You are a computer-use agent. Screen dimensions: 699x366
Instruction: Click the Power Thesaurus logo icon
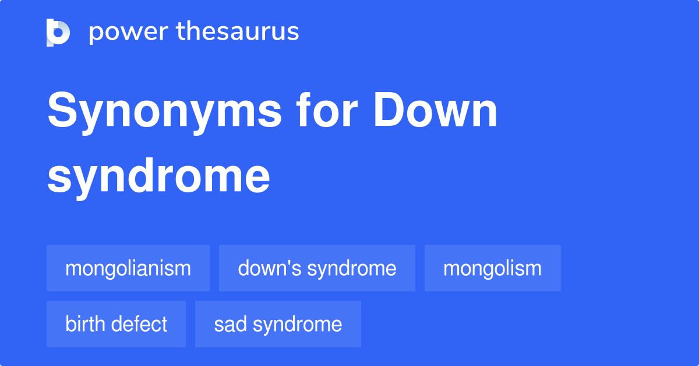tap(58, 33)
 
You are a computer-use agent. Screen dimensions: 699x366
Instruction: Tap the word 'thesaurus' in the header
tap(238, 31)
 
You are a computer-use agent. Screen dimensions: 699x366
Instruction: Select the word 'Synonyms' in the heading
tap(164, 112)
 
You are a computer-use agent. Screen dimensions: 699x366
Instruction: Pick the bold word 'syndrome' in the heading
tap(158, 178)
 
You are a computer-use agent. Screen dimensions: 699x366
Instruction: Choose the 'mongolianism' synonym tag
tap(128, 268)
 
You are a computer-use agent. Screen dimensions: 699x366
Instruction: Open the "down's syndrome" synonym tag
tap(317, 268)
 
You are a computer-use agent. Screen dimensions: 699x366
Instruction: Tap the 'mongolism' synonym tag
tap(492, 268)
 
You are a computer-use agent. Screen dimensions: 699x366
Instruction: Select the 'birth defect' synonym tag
tap(116, 324)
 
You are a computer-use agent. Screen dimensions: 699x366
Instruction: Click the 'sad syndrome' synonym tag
tap(278, 324)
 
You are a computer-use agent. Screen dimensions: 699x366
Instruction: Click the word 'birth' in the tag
tap(85, 324)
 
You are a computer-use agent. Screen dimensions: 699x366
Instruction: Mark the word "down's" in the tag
tap(270, 268)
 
